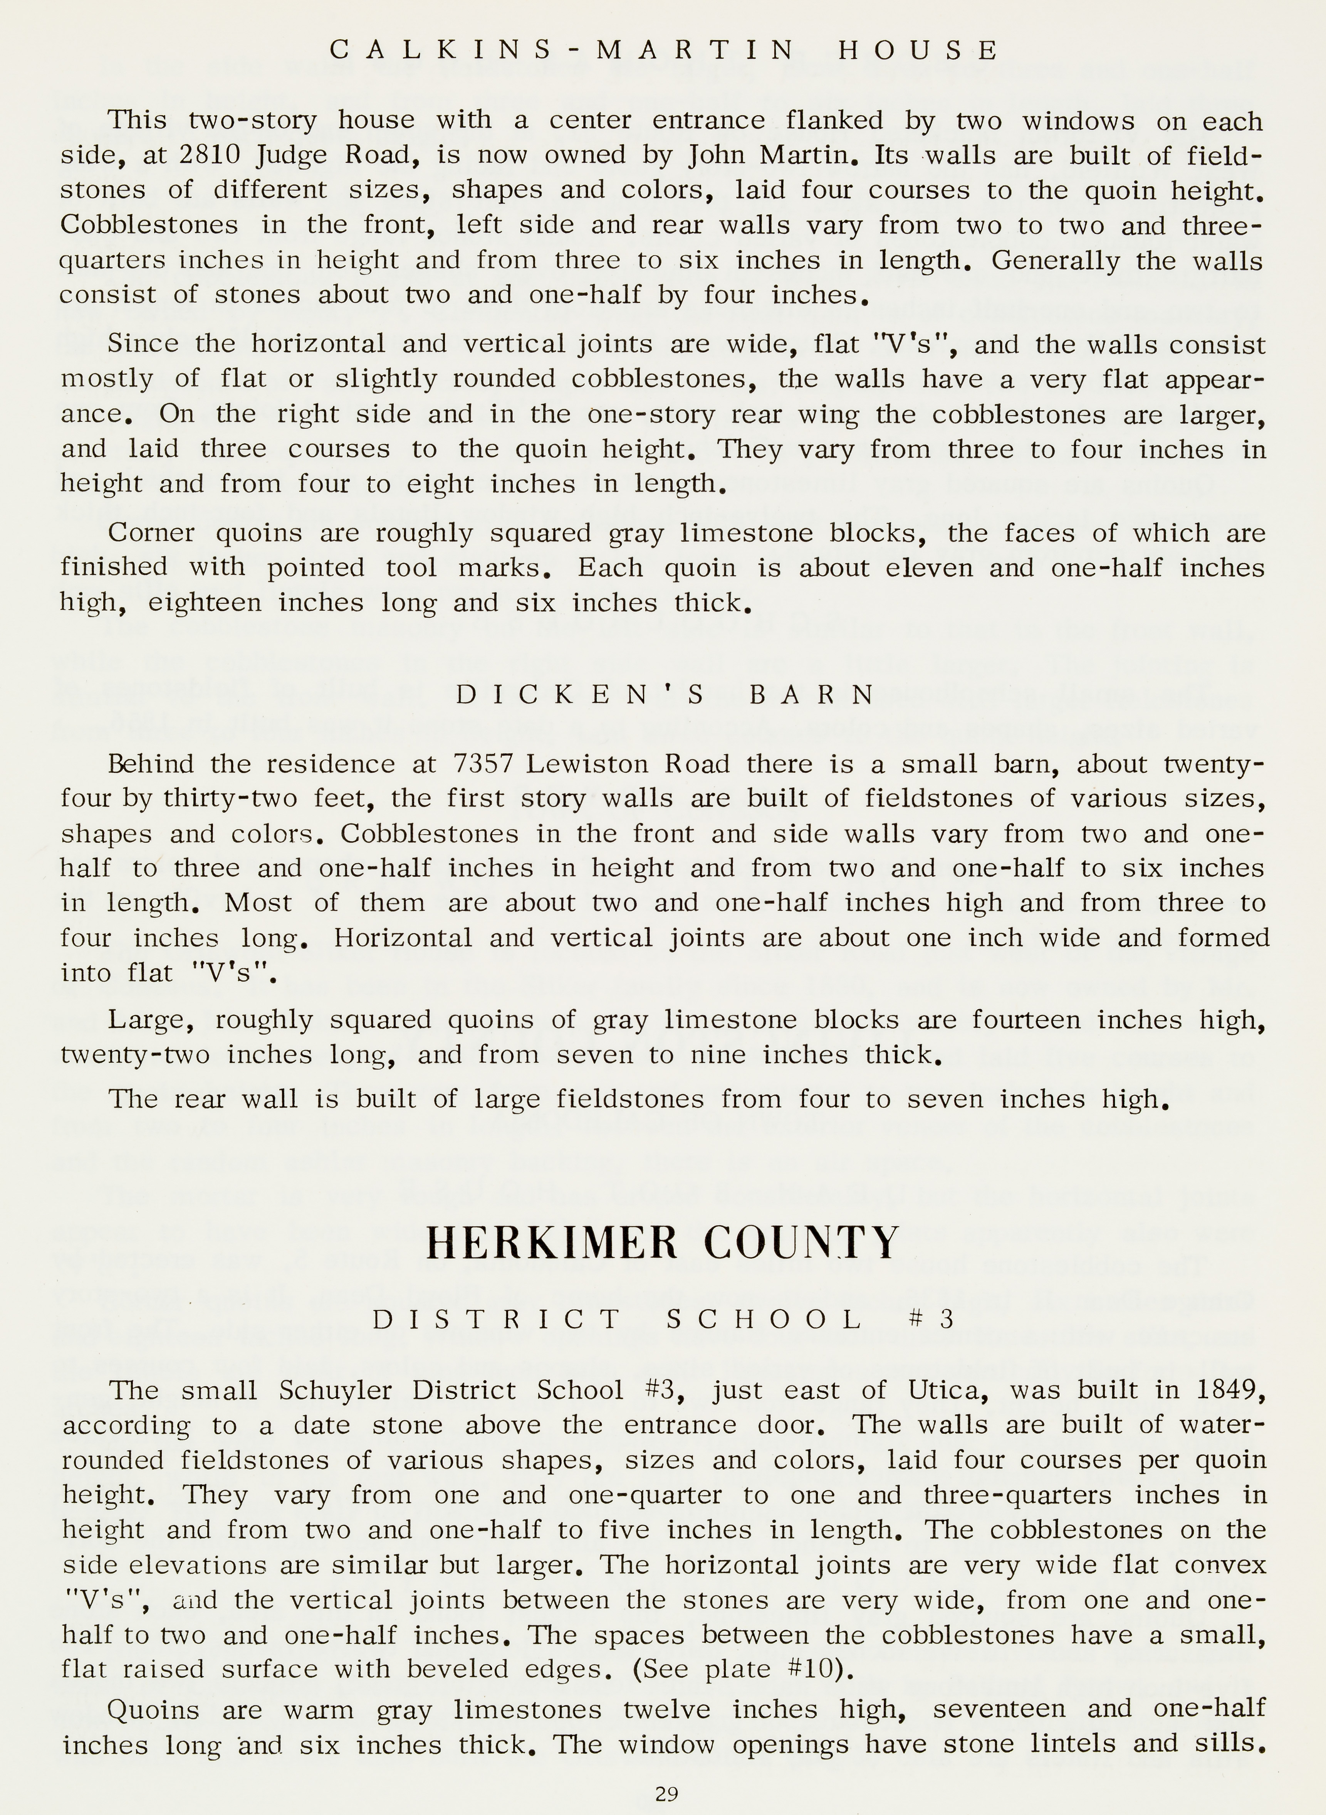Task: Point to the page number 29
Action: pos(666,1793)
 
